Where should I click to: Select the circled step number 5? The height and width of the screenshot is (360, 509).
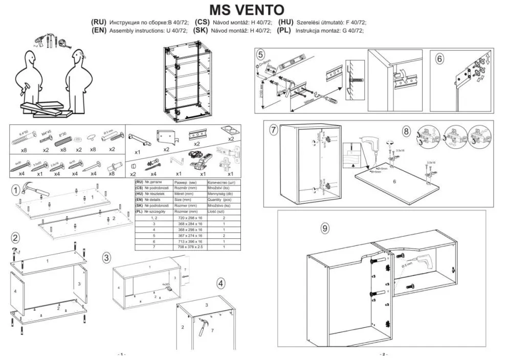[x=261, y=55]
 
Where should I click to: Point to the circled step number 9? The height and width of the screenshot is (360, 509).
[x=324, y=228]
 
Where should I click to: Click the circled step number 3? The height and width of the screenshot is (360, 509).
[x=106, y=257]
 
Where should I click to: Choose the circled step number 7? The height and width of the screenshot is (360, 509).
[x=274, y=130]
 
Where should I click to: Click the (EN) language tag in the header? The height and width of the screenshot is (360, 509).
[x=99, y=30]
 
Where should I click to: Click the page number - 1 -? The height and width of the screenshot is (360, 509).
[x=121, y=354]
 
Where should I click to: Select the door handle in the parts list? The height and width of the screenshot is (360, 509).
[x=138, y=139]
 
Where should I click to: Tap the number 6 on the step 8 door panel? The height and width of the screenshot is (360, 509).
[x=395, y=181]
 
